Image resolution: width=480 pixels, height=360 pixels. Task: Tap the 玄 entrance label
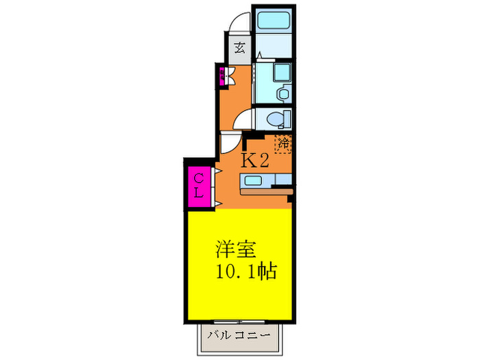point(239,48)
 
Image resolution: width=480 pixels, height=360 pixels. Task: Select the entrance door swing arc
point(238,23)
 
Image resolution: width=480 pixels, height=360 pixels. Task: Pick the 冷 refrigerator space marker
point(283,144)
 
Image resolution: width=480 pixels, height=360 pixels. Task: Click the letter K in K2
point(248,161)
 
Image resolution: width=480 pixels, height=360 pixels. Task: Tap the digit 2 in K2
point(262,161)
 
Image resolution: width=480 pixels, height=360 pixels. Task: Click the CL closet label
point(197,186)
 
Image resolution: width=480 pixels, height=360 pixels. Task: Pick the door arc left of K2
point(228,145)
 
